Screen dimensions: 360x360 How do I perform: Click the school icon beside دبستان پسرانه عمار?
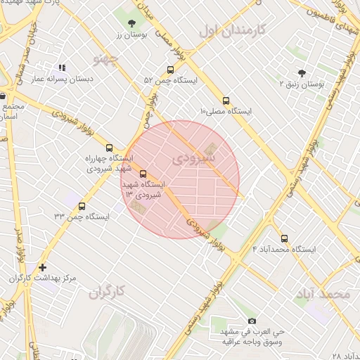(x=62, y=68)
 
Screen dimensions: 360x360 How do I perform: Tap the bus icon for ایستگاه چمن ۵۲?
(x=170, y=70)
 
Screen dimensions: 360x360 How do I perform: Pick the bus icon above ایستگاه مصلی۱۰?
(x=226, y=101)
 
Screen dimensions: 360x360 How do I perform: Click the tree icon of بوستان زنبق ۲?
(x=302, y=72)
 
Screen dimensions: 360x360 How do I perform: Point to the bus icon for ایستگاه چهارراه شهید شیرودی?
(x=108, y=148)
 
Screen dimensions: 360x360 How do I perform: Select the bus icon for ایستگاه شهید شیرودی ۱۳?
(x=143, y=174)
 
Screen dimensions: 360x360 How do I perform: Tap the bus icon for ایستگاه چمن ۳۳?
(x=82, y=206)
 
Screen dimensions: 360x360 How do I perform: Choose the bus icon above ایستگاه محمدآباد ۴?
(x=284, y=238)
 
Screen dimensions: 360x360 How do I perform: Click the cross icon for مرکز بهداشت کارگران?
(x=43, y=267)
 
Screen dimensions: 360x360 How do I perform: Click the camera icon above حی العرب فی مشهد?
(x=252, y=321)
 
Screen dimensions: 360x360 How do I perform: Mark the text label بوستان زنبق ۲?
(x=302, y=84)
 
